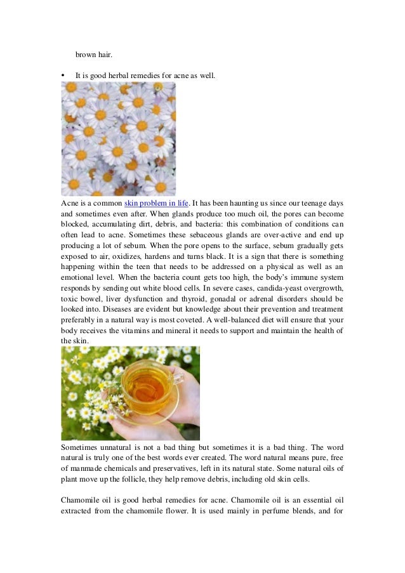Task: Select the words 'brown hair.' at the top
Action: point(90,54)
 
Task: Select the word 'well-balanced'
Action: point(285,320)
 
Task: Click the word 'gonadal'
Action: point(234,298)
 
